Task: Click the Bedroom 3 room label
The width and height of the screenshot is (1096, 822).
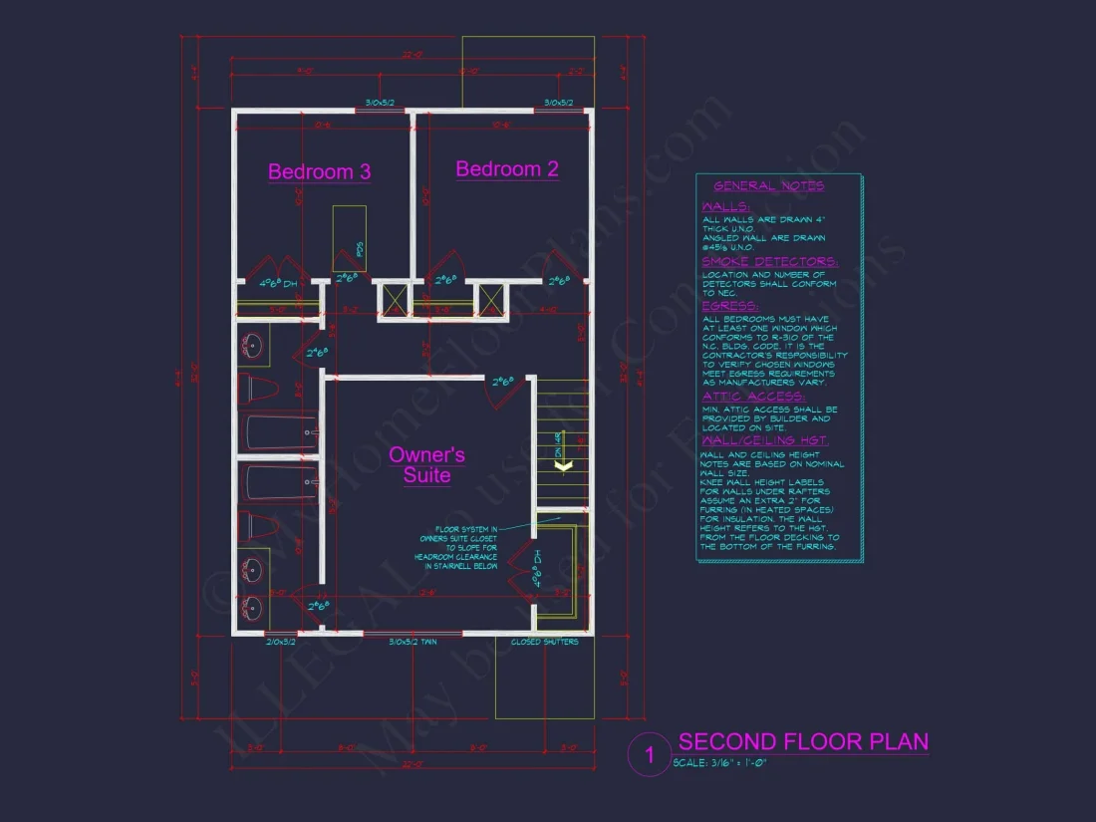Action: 319,172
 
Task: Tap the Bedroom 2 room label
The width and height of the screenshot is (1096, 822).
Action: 507,169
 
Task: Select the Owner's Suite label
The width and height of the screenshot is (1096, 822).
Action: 426,465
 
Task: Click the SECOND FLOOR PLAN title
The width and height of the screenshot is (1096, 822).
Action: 803,742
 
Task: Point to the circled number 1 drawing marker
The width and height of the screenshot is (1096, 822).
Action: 650,756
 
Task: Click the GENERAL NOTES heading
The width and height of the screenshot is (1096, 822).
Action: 768,186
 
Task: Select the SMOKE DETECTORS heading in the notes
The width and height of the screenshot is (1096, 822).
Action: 769,262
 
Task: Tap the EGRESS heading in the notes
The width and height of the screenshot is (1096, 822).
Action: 729,306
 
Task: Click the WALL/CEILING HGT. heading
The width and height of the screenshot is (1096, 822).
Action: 764,440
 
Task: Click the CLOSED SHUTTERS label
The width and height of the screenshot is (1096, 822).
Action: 544,643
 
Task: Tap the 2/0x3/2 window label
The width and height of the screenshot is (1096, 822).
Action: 282,643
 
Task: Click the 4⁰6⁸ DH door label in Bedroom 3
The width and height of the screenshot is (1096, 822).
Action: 279,284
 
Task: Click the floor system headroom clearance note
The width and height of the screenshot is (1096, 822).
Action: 463,547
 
